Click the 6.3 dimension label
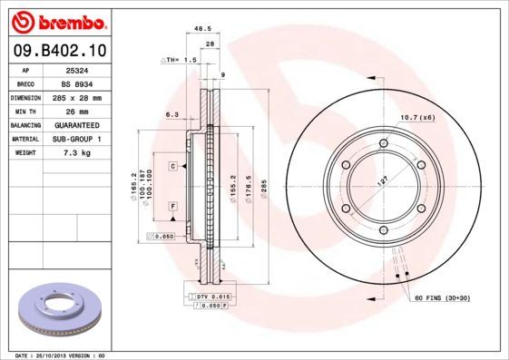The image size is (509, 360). click(x=171, y=114)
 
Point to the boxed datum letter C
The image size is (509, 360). click(x=171, y=167)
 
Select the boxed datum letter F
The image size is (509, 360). click(x=171, y=207)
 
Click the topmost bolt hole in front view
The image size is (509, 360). click(x=384, y=143)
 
